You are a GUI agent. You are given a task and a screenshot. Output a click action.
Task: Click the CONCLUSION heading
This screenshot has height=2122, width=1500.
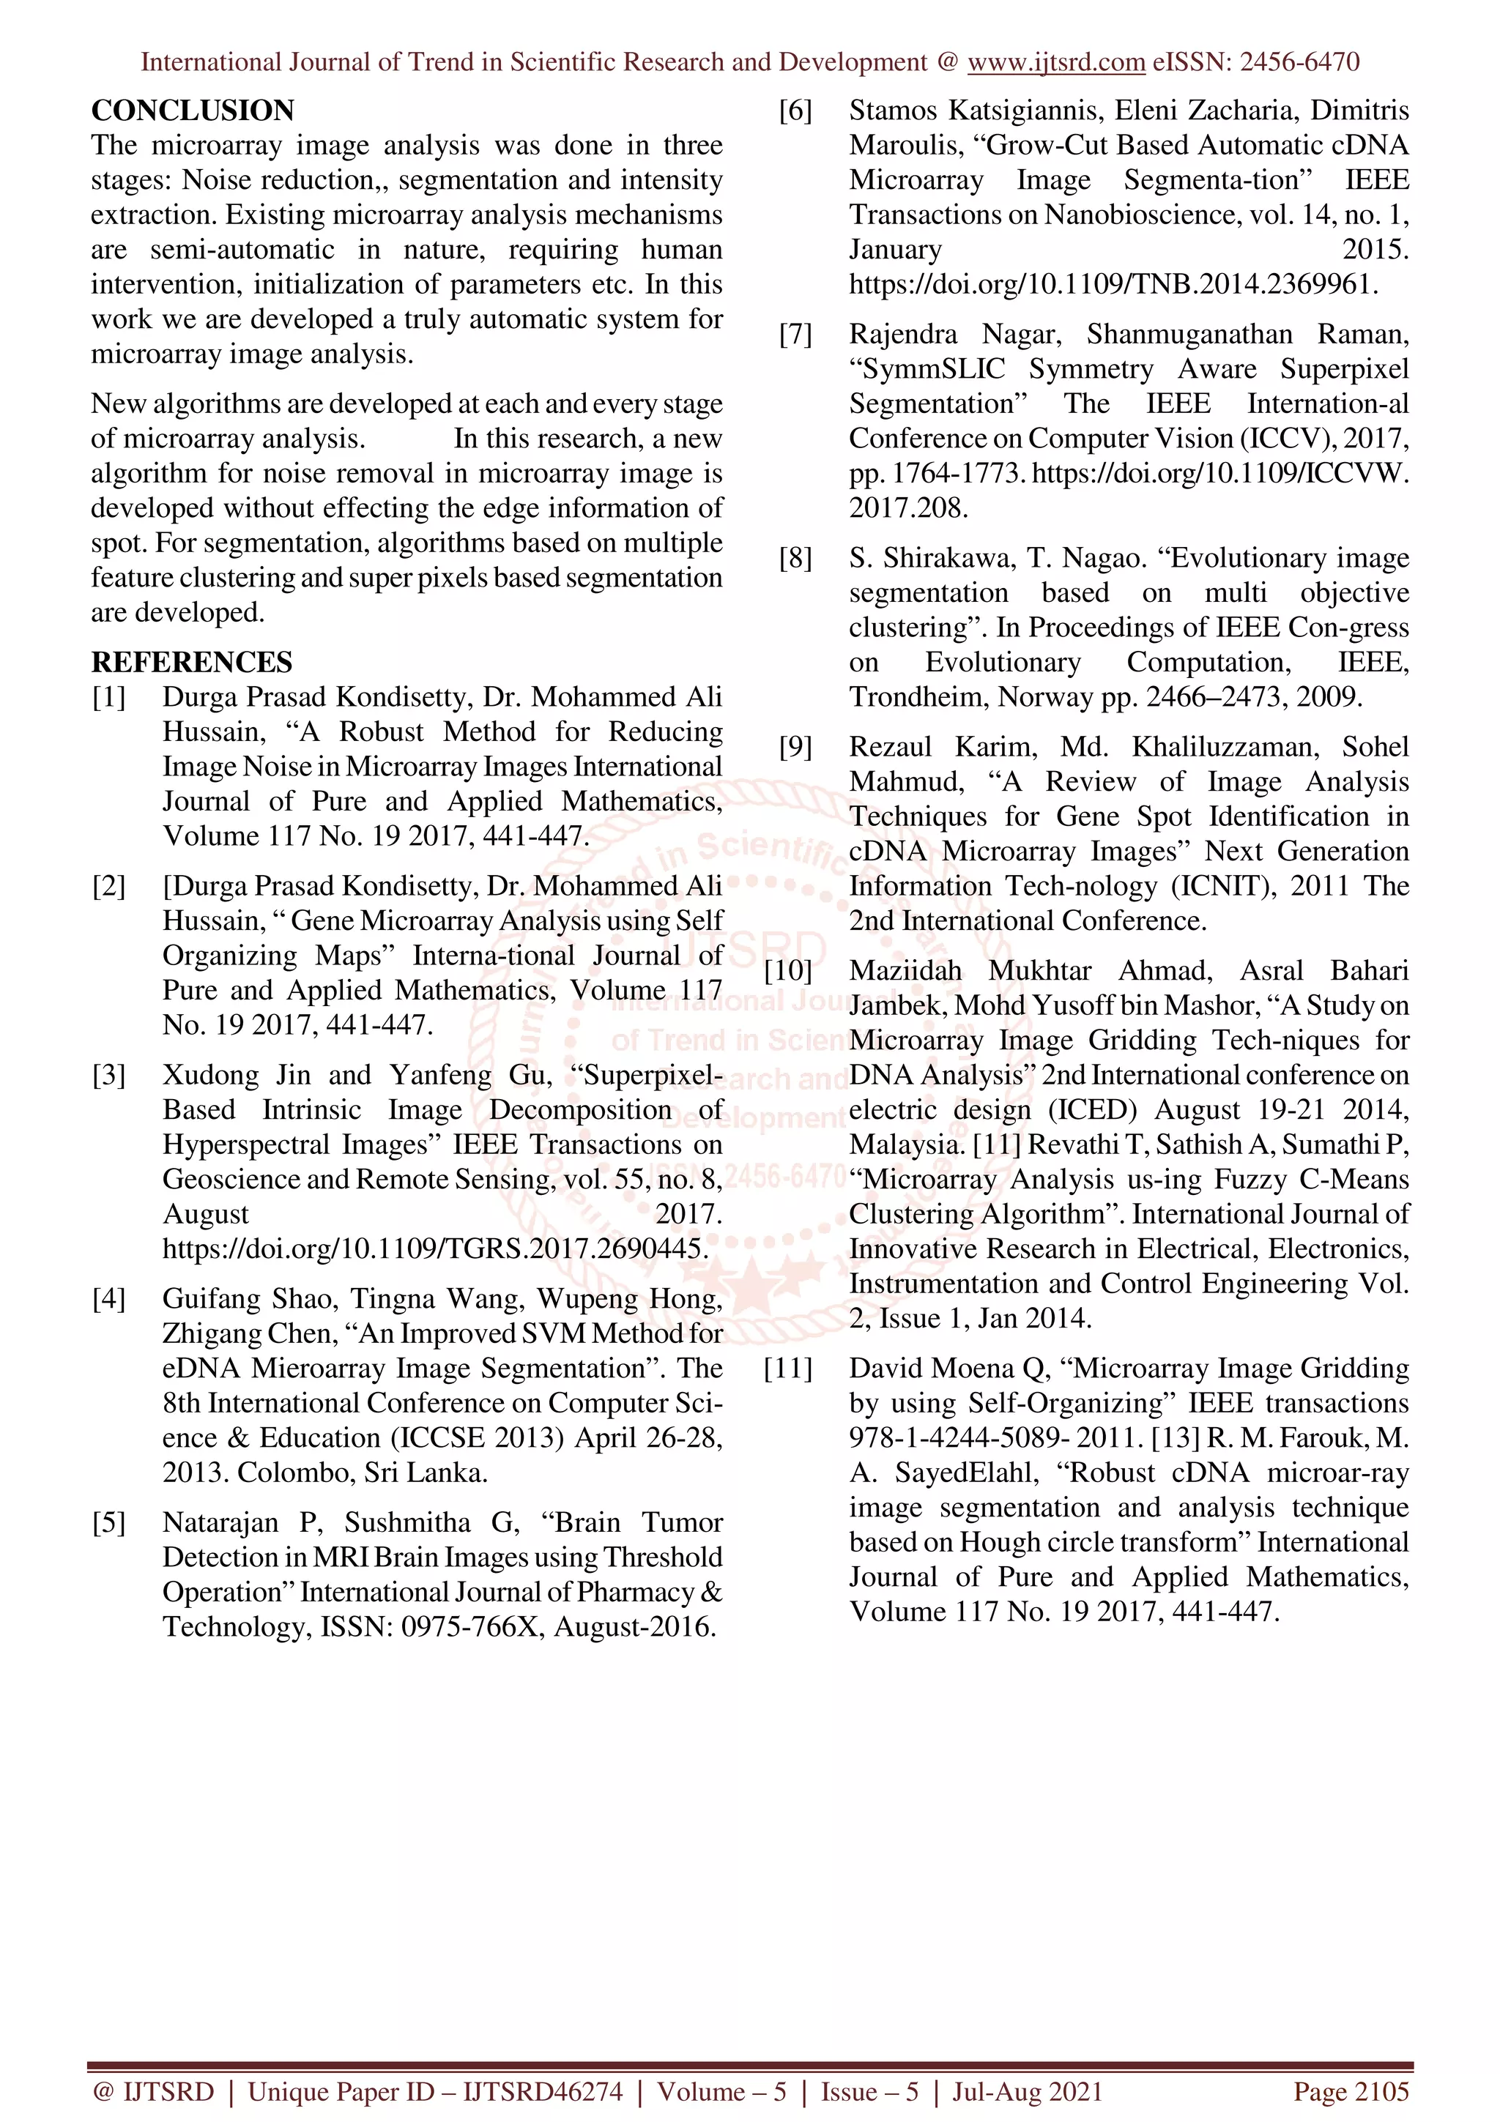192,111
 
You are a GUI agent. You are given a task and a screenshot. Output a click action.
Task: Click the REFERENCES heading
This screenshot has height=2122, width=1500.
191,663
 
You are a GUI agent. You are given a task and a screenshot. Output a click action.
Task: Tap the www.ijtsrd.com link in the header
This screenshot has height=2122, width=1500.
1056,62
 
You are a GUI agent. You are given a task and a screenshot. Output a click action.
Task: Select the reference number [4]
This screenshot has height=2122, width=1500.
108,1300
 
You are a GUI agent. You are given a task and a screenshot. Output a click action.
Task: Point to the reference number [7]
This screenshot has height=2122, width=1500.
795,335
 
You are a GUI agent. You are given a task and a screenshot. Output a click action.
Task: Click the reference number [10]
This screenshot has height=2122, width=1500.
787,972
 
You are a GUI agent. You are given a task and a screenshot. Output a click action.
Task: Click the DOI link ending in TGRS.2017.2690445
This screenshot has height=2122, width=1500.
434,1249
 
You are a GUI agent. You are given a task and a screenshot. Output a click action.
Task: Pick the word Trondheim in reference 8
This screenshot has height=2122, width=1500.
918,698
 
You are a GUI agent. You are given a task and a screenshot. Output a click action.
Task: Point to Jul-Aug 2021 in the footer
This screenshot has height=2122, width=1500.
1028,2091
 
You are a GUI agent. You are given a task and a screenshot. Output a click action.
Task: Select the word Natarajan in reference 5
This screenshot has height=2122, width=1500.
220,1523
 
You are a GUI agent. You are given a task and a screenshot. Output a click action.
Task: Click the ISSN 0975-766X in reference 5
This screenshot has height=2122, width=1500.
473,1628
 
